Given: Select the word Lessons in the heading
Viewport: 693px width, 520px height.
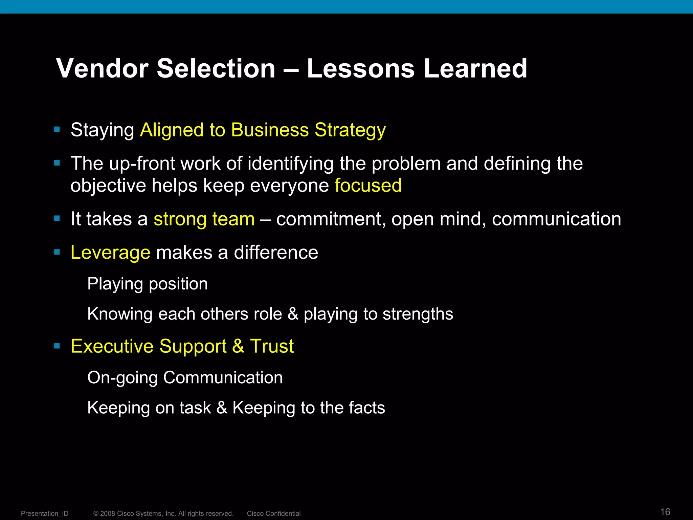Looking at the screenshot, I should coord(360,69).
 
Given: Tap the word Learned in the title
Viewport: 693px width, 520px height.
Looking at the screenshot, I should coord(475,69).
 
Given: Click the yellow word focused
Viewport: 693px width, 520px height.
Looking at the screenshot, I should coord(368,186).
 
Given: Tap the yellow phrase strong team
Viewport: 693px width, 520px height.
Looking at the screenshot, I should coord(204,219).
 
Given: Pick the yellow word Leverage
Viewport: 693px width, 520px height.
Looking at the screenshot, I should coord(110,253).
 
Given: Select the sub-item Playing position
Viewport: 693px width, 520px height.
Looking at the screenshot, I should coord(148,284).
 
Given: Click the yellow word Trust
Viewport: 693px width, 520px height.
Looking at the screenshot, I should coord(272,346).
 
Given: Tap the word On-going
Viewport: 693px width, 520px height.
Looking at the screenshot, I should coord(122,378).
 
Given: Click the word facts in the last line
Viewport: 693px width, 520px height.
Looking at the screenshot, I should coord(367,408).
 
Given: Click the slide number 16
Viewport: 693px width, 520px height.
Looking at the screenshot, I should coord(665,512).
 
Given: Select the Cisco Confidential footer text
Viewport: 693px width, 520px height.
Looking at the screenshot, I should coord(273,514).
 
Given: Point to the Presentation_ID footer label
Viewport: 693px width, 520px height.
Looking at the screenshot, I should coord(45,514).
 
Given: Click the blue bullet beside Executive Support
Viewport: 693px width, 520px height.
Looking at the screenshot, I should coord(57,346).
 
